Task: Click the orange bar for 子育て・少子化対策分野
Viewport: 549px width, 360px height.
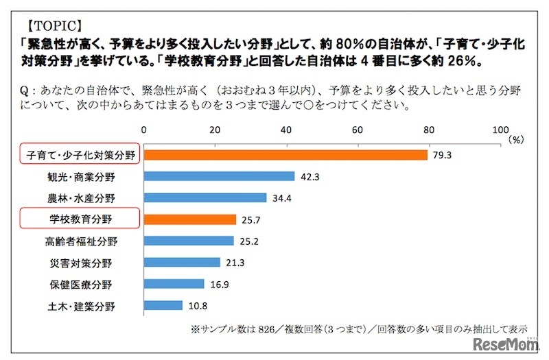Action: pyautogui.click(x=285, y=155)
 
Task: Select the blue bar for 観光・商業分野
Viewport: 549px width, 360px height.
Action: pyautogui.click(x=219, y=176)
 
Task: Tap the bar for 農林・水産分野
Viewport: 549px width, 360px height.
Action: pyautogui.click(x=205, y=198)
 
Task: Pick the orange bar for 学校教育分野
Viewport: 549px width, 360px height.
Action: pyautogui.click(x=189, y=219)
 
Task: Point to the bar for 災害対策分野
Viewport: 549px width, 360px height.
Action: pyautogui.click(x=182, y=262)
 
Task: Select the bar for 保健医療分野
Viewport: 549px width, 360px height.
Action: pyautogui.click(x=174, y=284)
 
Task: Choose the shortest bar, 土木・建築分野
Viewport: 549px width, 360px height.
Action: pyautogui.click(x=163, y=305)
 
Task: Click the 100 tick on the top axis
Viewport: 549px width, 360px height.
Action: pyautogui.click(x=500, y=130)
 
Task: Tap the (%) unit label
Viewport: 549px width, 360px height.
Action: pyautogui.click(x=517, y=139)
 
